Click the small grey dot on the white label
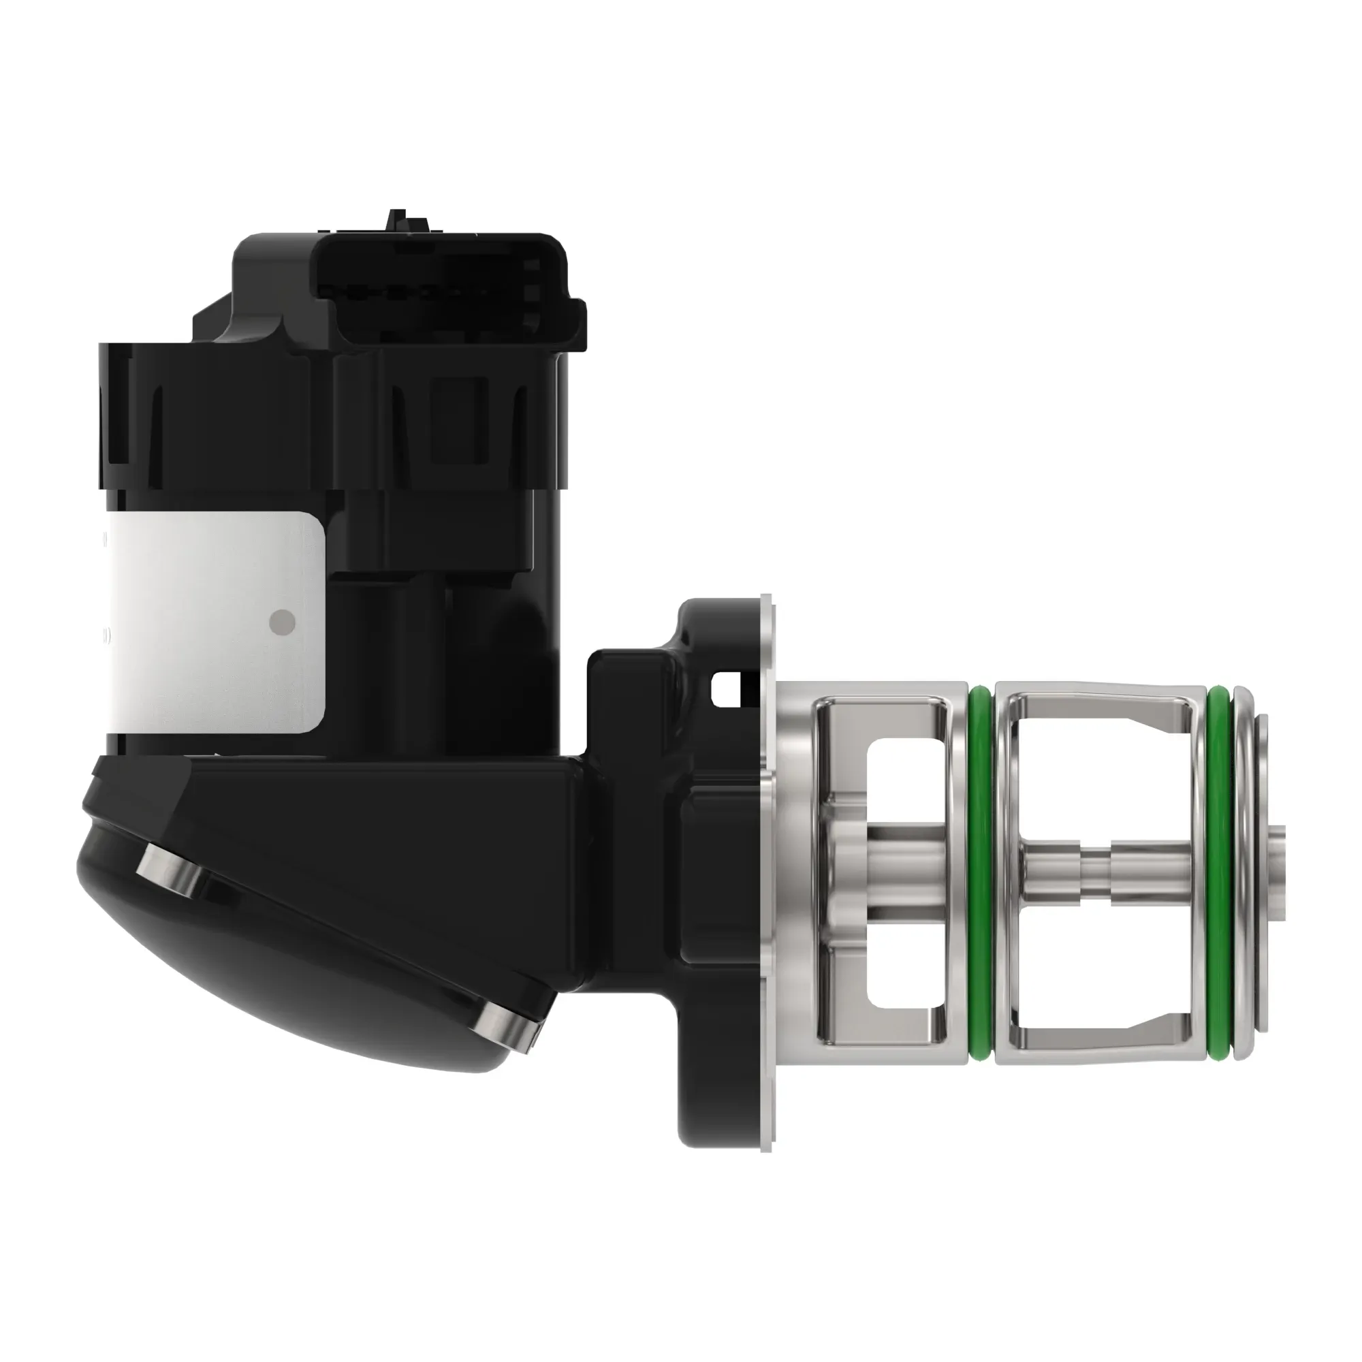(x=283, y=621)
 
